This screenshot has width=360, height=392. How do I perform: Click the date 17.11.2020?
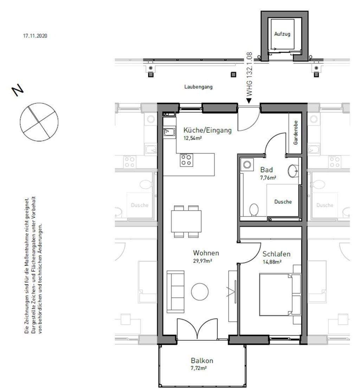coord(35,36)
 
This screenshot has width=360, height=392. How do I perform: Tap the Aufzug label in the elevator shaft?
coord(282,34)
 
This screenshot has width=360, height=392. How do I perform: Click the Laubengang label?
coord(198,87)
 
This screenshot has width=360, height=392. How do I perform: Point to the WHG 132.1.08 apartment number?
coord(249,74)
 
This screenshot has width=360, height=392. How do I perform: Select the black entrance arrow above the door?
coord(249,101)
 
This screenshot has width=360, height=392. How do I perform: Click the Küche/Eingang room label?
coord(207,130)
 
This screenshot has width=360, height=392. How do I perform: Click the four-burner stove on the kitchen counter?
coord(187,160)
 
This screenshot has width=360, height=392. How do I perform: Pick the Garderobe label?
coord(296,133)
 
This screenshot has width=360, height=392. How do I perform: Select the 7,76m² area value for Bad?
coord(268,178)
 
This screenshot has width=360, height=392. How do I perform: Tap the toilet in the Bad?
coord(254,210)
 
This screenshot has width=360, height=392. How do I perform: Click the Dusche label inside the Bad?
coord(283,202)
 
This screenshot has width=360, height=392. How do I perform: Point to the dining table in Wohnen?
coord(186,221)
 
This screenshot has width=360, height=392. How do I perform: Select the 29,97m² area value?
coord(202,261)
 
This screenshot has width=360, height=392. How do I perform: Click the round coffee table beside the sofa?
coord(200,291)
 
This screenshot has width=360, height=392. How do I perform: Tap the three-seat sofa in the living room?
coord(176,291)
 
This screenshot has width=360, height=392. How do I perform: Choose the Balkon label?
coord(202,360)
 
